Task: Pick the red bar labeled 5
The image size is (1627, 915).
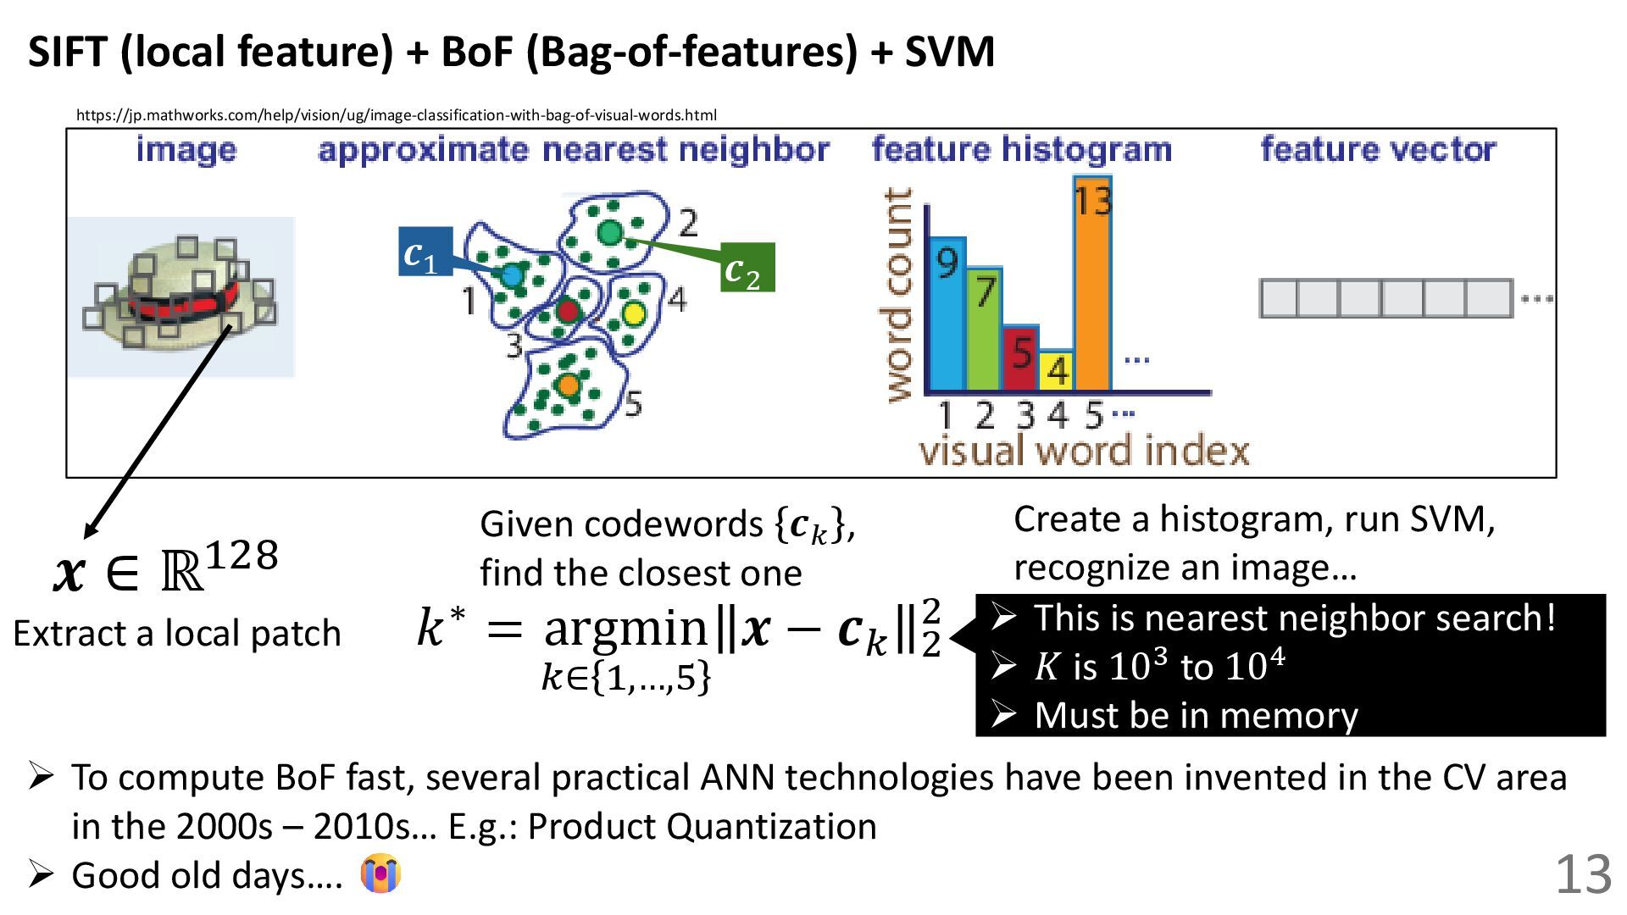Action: click(1020, 358)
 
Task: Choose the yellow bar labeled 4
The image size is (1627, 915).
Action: click(1057, 370)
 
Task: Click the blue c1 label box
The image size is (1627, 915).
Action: click(425, 252)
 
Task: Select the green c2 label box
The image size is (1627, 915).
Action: click(747, 268)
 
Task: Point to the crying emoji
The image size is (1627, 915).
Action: click(380, 873)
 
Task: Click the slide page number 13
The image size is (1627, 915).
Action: click(1583, 874)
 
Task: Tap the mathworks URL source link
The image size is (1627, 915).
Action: click(396, 115)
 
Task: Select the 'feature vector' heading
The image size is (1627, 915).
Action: click(1378, 150)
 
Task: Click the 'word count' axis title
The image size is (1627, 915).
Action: click(898, 294)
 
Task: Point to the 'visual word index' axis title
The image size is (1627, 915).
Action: click(1084, 450)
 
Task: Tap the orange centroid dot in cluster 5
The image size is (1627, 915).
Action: click(569, 385)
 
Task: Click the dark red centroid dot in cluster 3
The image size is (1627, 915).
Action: click(567, 310)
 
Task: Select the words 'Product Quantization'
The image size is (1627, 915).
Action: click(702, 826)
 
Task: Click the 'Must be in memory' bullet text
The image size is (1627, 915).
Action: click(1196, 715)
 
